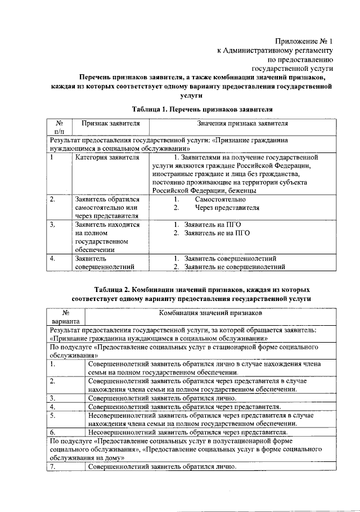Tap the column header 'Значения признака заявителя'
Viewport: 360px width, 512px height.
click(x=242, y=123)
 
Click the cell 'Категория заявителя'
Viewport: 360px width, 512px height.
click(x=107, y=158)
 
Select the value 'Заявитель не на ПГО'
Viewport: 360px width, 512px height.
click(x=217, y=233)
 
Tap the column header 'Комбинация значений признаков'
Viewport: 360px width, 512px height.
click(x=210, y=312)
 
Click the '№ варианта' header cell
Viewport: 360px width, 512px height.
click(x=66, y=316)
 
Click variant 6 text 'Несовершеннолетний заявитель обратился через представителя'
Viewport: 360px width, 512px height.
click(x=188, y=432)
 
